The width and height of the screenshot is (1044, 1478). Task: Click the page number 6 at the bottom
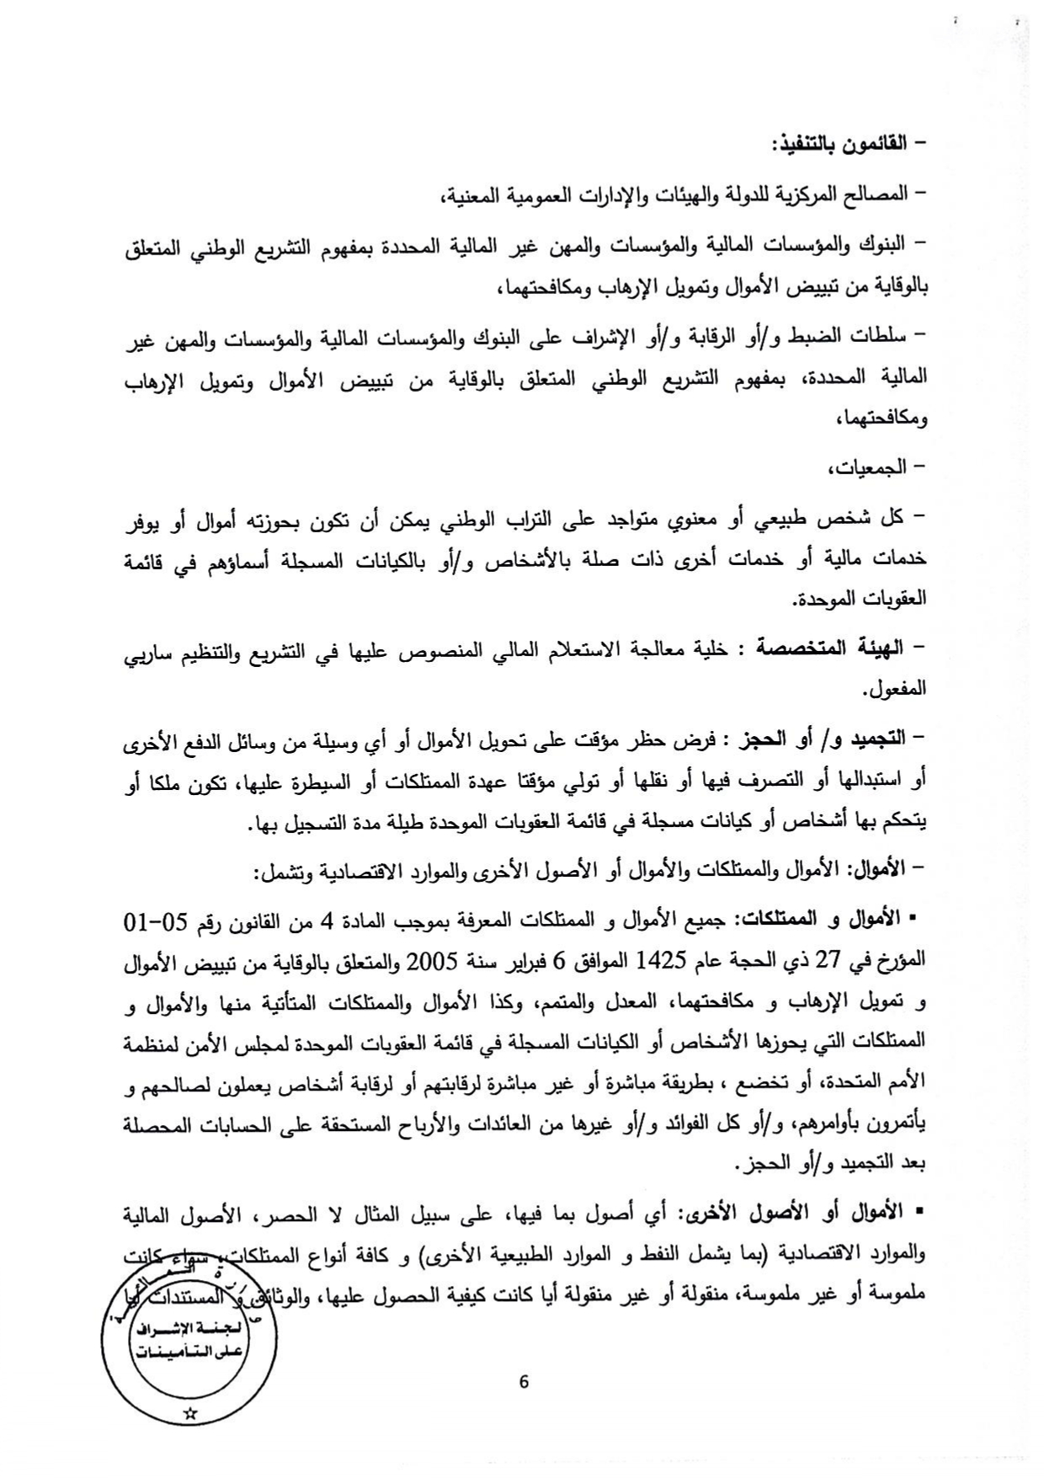(x=524, y=1382)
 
